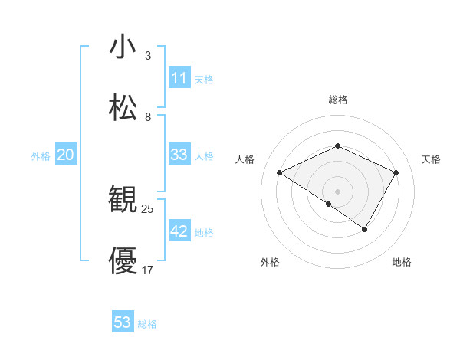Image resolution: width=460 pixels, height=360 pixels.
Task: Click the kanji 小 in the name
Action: click(123, 47)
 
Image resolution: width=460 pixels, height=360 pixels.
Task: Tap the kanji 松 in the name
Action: click(123, 108)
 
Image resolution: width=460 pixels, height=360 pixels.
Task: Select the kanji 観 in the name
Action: click(123, 200)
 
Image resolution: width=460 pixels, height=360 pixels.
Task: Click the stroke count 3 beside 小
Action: click(148, 56)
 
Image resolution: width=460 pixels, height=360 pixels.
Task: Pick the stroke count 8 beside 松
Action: click(148, 117)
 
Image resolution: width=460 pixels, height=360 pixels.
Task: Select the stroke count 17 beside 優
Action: click(148, 270)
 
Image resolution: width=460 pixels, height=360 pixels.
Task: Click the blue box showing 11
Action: click(179, 78)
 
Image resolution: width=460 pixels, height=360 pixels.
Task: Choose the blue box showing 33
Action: click(179, 155)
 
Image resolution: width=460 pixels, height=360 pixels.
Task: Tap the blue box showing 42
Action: click(179, 231)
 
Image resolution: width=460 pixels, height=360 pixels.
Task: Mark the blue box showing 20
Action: click(66, 155)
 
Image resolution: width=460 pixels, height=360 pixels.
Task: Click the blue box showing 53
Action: click(123, 322)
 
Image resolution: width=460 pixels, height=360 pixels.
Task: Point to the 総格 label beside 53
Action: click(147, 324)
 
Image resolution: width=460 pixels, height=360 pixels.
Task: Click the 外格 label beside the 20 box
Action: click(41, 156)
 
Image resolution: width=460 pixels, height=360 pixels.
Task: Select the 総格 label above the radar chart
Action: click(338, 100)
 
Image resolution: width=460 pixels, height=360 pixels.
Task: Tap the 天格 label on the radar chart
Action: click(431, 159)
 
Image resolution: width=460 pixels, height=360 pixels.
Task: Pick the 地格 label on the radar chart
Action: click(402, 262)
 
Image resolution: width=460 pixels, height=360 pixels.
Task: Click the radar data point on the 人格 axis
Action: click(280, 173)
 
